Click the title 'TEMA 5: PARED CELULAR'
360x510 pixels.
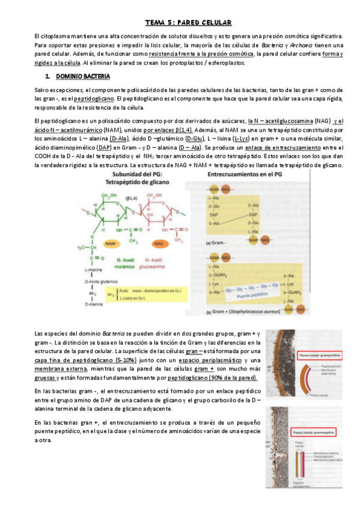tap(188, 23)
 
